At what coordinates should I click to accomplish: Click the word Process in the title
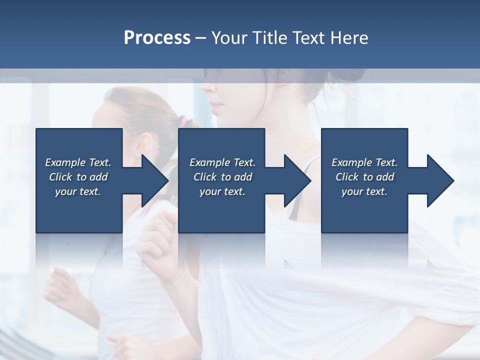[157, 38]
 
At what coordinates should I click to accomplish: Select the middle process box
[221, 212]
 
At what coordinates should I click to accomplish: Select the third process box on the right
[364, 212]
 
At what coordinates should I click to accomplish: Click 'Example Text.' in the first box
[78, 162]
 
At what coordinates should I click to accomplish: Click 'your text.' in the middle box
[222, 191]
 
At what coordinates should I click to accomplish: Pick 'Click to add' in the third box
[364, 177]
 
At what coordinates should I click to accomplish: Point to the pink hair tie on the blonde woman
[184, 120]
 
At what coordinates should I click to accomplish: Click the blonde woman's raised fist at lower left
[60, 287]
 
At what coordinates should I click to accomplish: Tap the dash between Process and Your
[200, 38]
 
